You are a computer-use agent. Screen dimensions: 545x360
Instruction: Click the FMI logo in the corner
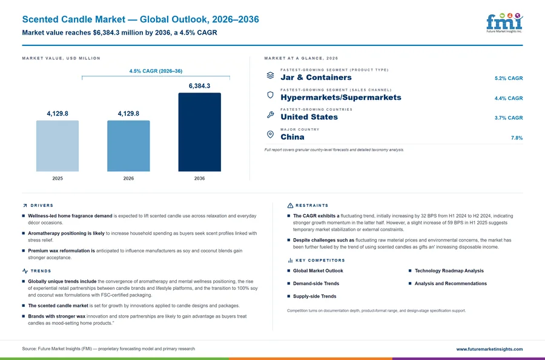(x=504, y=23)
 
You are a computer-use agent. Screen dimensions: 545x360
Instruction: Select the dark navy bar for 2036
(x=199, y=132)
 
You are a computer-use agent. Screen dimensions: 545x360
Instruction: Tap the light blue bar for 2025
(x=58, y=146)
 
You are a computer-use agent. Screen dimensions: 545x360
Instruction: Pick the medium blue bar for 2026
(x=128, y=146)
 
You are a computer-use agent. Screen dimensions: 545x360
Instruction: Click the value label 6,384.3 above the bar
(x=199, y=86)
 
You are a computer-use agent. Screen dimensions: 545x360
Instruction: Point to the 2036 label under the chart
(x=199, y=178)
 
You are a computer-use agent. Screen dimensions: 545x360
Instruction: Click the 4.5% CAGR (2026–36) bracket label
(x=156, y=71)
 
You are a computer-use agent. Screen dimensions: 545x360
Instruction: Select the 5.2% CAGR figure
(x=509, y=78)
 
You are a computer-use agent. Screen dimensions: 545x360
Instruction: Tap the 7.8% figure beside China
(x=517, y=138)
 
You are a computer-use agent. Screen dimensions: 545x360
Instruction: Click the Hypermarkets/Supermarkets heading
(x=341, y=97)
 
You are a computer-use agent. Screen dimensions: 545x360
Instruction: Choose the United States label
(x=309, y=117)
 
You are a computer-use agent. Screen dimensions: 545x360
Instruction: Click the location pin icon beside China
(x=270, y=134)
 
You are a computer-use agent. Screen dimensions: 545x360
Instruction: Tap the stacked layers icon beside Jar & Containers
(x=270, y=76)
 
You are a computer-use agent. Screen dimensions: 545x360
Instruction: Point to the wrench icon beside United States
(x=270, y=115)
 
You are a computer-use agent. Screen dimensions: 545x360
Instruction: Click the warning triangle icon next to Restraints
(x=290, y=206)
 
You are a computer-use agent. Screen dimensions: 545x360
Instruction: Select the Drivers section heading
(x=42, y=206)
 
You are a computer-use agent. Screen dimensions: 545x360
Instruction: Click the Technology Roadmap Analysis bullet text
(x=449, y=271)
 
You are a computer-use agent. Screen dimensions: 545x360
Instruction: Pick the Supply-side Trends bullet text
(x=314, y=296)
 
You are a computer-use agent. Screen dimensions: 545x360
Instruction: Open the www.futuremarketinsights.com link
(x=489, y=349)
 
